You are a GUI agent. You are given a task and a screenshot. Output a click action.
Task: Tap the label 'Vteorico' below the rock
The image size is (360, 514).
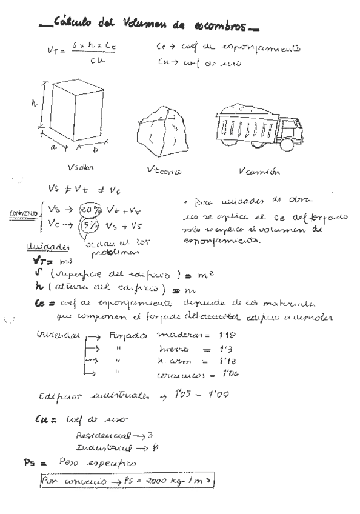(165, 172)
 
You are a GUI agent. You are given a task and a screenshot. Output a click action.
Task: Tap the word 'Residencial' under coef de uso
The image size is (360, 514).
(98, 436)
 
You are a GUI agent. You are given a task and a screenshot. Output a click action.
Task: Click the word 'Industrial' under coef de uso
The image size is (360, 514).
(99, 449)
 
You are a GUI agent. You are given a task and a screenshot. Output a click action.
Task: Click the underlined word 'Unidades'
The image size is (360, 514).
(44, 248)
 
